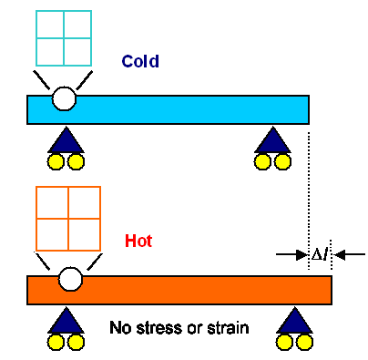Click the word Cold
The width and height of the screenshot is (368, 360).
(140, 62)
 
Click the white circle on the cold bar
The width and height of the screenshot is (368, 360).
(64, 97)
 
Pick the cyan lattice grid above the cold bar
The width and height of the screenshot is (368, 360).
(65, 39)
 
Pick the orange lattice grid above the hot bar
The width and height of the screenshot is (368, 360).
(67, 217)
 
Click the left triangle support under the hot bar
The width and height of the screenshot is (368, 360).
(65, 320)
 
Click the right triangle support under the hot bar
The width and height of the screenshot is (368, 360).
(295, 320)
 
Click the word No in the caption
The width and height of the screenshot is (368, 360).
(118, 326)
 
